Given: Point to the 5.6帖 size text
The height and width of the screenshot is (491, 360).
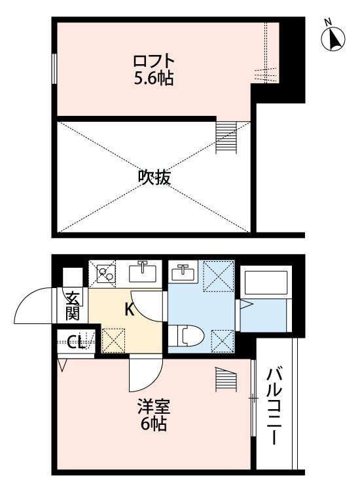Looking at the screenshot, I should [x=154, y=79].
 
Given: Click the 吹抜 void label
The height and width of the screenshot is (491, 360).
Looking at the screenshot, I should [x=154, y=177].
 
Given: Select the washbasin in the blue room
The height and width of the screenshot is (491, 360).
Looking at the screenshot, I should [x=183, y=272].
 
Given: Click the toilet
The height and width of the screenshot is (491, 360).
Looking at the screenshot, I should [x=187, y=335].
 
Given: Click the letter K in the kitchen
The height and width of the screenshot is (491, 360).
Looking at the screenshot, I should [x=130, y=310].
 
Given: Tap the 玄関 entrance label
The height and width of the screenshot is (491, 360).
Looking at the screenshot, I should [x=72, y=305].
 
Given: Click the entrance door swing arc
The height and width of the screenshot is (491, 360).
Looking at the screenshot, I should [x=33, y=306].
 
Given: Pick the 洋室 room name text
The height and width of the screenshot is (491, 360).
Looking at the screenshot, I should [x=154, y=407].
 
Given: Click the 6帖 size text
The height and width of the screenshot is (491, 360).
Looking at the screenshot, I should [x=154, y=424].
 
